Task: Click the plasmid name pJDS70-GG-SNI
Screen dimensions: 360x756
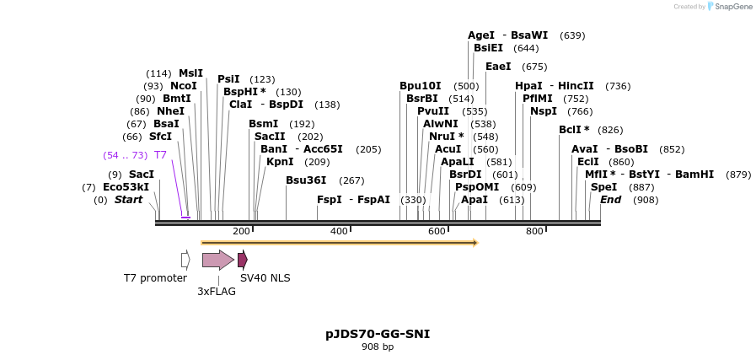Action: pos(378,334)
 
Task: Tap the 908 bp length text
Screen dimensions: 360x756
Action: pos(378,347)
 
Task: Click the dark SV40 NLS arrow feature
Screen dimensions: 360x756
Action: pos(242,260)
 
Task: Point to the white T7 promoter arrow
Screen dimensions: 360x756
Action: pos(185,260)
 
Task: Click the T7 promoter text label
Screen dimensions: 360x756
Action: pos(155,278)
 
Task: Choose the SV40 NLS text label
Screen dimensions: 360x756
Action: pos(265,278)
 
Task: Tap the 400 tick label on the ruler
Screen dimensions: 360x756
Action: pos(339,231)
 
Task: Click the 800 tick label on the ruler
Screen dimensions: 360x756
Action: pos(534,231)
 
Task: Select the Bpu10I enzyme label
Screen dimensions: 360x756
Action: pos(420,86)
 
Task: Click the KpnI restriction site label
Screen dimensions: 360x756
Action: pos(280,162)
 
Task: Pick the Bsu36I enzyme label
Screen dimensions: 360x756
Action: pos(306,180)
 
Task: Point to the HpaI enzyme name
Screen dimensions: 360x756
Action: pos(528,86)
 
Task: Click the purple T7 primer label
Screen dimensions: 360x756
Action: pos(160,155)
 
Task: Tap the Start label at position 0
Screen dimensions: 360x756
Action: pos(128,200)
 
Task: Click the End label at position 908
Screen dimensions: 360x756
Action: pos(610,200)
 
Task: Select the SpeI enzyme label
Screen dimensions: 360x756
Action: pos(603,187)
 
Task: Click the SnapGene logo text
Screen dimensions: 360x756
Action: pos(733,7)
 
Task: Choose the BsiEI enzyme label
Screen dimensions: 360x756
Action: pos(488,48)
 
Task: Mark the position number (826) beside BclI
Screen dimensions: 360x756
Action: pos(610,130)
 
